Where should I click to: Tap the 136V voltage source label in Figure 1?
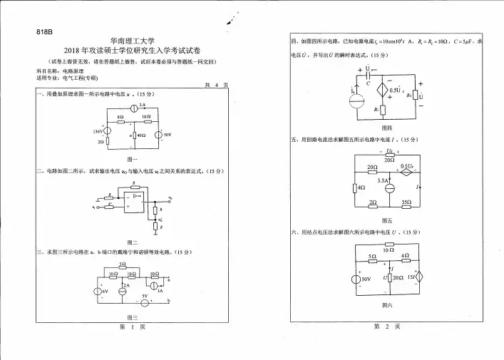pos(98,131)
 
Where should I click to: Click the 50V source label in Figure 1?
pos(169,134)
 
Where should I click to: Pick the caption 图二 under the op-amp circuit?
pos(131,242)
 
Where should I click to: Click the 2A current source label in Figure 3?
pos(126,283)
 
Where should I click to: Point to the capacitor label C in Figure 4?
pos(369,83)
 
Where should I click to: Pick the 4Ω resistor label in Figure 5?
pos(361,187)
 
